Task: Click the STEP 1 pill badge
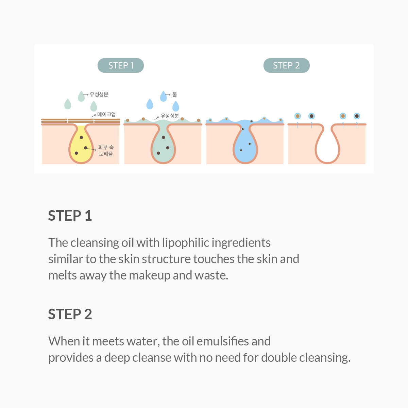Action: [x=121, y=66]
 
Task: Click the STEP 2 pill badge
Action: [x=286, y=66]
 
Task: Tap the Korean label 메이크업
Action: [x=106, y=115]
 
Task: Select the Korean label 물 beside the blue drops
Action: [x=174, y=95]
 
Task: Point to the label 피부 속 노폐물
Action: [x=106, y=151]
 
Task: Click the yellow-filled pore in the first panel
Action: [x=81, y=146]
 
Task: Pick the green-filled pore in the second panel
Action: [x=163, y=146]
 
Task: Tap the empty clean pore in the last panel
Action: [x=327, y=146]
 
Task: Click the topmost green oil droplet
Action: [x=81, y=96]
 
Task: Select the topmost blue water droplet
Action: [x=164, y=96]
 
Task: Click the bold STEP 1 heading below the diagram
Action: [x=70, y=216]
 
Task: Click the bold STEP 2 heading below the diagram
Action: [x=70, y=314]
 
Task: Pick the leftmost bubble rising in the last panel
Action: [x=297, y=116]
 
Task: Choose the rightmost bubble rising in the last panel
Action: [x=357, y=116]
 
